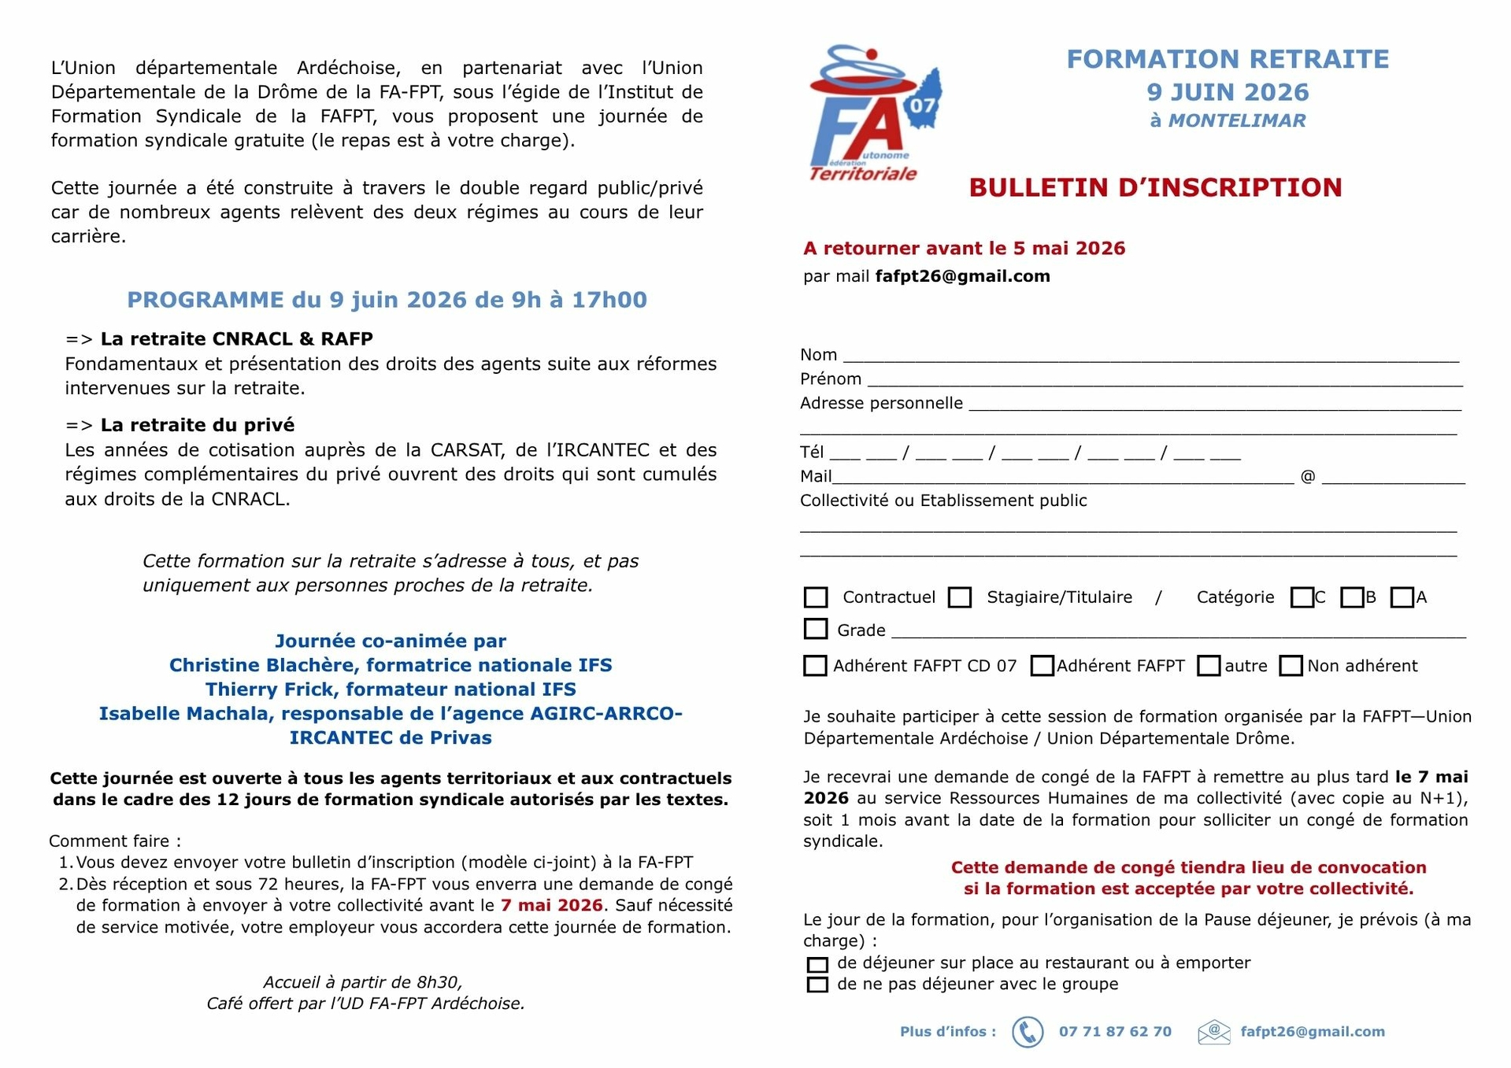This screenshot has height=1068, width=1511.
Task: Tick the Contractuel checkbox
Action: (816, 597)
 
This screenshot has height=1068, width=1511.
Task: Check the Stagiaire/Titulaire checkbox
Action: (959, 597)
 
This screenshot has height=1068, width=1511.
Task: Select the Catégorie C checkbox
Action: (1302, 597)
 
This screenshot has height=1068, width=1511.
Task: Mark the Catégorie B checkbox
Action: (1351, 597)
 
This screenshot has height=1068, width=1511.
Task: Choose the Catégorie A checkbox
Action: (1402, 597)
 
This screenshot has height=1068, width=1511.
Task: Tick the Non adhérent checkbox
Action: (1291, 666)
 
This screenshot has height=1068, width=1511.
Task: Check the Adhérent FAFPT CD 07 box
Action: (815, 666)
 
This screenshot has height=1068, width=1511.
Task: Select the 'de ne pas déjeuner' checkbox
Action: (817, 985)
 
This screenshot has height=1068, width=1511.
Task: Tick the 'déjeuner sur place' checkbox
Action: (817, 964)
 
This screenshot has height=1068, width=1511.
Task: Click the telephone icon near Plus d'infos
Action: (1028, 1032)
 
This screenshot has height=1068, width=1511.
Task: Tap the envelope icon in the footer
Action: (1213, 1032)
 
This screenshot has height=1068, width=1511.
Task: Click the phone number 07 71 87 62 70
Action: (1115, 1032)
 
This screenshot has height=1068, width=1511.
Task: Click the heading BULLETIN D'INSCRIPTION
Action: (1155, 187)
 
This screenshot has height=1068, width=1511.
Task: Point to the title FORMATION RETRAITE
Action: (1228, 59)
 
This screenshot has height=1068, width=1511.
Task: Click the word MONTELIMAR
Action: (1237, 120)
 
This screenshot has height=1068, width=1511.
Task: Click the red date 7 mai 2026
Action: (551, 905)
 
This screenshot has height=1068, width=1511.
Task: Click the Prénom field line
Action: (1164, 379)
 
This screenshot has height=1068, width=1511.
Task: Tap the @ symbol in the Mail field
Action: (1308, 476)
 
